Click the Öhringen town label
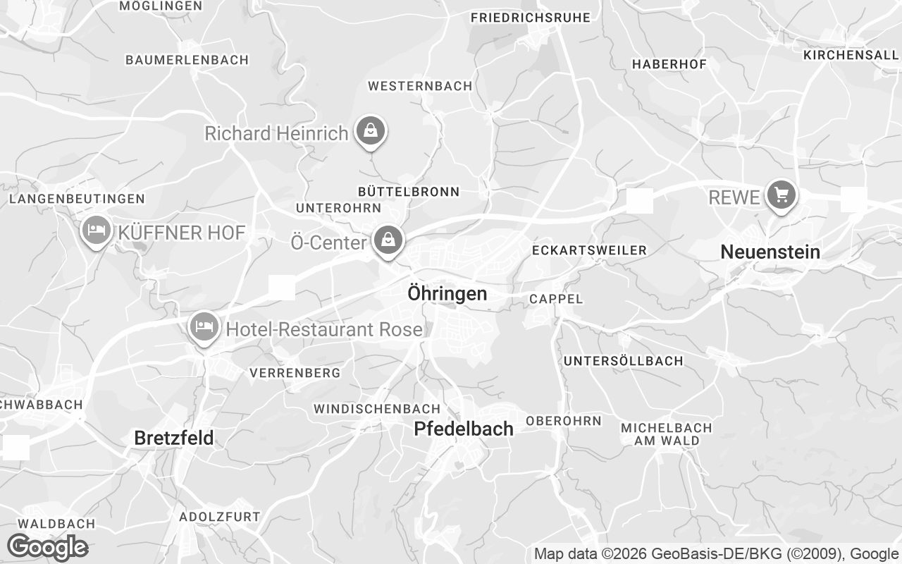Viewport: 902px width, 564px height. click(x=447, y=293)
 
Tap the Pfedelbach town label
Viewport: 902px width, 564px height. click(x=463, y=428)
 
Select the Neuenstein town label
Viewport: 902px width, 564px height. click(x=770, y=252)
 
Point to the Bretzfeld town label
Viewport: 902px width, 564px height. click(x=173, y=438)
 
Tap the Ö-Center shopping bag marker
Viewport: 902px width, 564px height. click(x=388, y=240)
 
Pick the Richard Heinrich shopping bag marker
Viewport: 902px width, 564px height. click(x=370, y=130)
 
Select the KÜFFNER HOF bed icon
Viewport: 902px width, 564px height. click(x=96, y=230)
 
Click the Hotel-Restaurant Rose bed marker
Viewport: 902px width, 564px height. click(x=204, y=326)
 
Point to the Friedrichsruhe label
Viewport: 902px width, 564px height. click(x=530, y=18)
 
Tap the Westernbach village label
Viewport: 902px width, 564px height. click(x=420, y=86)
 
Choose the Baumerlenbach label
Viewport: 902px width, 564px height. click(x=187, y=60)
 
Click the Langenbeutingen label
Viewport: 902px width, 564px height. click(x=77, y=200)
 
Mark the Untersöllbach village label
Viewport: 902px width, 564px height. click(x=623, y=361)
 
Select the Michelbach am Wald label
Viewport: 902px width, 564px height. click(x=666, y=434)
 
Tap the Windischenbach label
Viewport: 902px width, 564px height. click(x=376, y=409)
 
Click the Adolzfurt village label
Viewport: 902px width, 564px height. click(x=219, y=517)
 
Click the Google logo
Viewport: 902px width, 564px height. click(x=47, y=546)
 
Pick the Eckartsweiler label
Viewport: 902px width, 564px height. click(x=589, y=250)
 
